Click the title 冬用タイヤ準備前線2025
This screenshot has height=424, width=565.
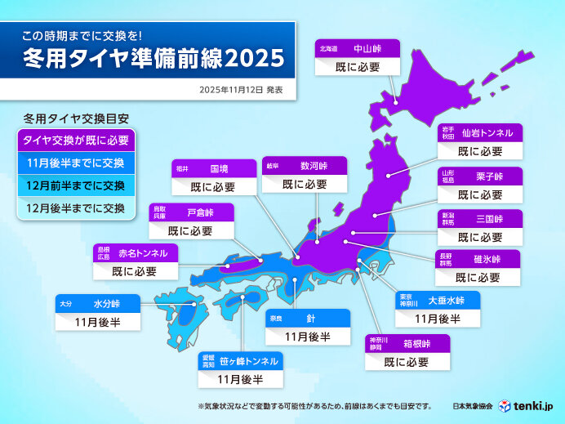point(153,58)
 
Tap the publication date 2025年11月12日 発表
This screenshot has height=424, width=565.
point(242,87)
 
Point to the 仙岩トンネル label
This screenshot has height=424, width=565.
point(487,132)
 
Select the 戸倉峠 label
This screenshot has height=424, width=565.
point(201,212)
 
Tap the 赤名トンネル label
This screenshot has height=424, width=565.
point(143,254)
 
